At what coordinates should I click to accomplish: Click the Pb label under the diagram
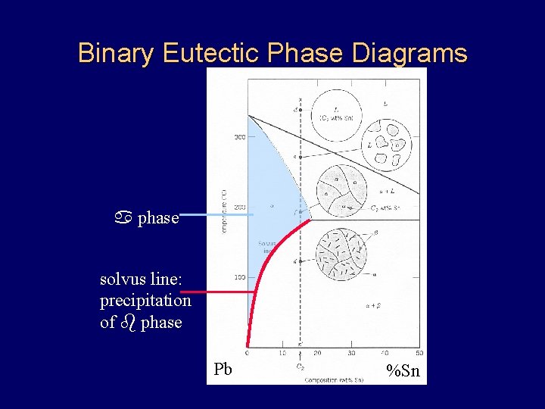223,370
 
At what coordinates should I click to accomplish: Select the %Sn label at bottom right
403,370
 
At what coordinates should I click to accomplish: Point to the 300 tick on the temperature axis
239,137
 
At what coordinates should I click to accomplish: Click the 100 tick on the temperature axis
239,277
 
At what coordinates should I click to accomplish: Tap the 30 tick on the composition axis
351,353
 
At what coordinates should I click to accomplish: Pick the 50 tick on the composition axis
419,353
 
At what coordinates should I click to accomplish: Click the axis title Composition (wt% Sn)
334,379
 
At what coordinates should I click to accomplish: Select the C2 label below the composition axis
301,367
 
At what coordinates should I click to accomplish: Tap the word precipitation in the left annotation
145,301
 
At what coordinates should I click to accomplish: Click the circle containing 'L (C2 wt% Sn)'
336,115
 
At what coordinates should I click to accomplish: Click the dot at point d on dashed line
301,111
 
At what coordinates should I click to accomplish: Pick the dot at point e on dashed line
301,157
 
